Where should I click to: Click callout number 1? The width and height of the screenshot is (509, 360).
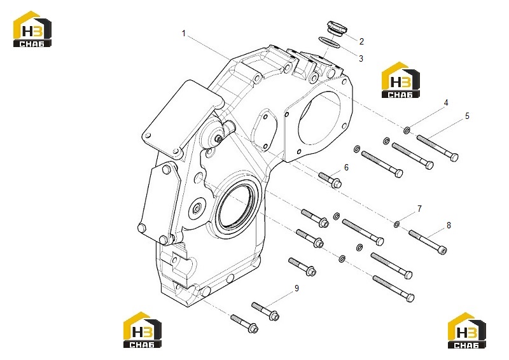point(184,34)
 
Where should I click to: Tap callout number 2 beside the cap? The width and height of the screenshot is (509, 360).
point(361,41)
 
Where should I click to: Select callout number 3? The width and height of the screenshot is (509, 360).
point(361,59)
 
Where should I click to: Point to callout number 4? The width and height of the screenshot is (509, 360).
point(446,102)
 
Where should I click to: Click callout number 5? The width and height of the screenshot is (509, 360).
point(467,116)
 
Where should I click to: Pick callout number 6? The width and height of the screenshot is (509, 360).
point(346,167)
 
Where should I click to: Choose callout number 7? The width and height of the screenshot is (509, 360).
point(419,209)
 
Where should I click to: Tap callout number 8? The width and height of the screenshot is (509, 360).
point(449,225)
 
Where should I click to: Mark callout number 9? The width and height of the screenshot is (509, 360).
point(296,288)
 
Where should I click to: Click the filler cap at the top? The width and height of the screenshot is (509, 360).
point(337,27)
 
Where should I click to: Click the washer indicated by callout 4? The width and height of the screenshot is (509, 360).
point(407,130)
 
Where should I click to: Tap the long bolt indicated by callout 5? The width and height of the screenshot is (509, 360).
point(438,148)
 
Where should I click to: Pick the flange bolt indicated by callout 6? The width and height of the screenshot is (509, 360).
point(330,180)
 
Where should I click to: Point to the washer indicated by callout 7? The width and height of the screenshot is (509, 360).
point(396,224)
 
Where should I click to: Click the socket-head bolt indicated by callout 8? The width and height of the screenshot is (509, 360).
point(428,242)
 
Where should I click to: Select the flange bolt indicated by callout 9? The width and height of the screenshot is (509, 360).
point(265,311)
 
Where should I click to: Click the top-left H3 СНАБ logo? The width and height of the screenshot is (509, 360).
point(32,29)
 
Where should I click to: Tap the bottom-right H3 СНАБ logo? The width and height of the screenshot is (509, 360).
point(467,331)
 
